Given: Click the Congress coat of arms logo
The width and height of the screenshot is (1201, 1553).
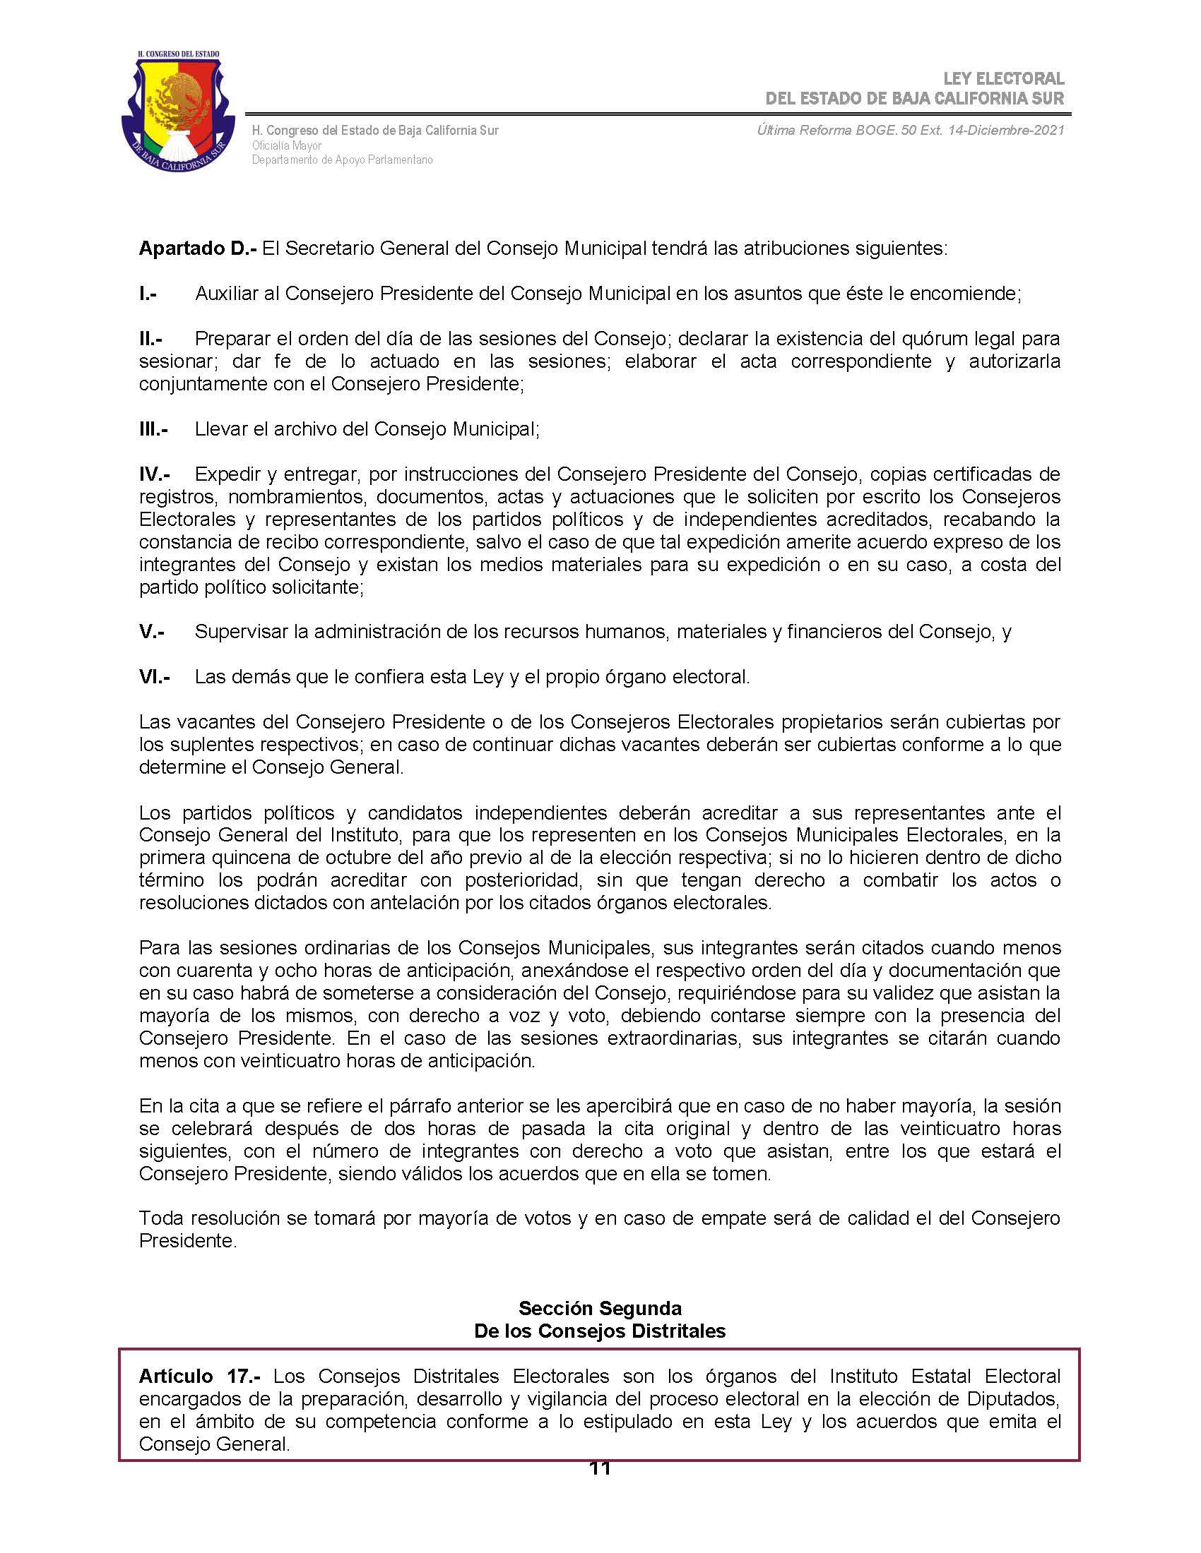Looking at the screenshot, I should [x=178, y=112].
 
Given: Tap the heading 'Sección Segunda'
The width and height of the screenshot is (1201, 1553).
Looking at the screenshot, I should [x=600, y=1308].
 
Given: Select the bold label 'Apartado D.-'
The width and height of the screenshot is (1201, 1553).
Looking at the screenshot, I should [x=197, y=248].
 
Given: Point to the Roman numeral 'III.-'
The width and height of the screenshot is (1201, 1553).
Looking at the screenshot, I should [x=153, y=428].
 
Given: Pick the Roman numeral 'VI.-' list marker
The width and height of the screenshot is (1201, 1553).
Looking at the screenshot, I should [x=155, y=676].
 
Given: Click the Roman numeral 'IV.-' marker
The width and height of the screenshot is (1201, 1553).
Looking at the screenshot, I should [x=155, y=474].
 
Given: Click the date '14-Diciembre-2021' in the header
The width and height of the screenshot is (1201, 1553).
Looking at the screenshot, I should [x=1006, y=130].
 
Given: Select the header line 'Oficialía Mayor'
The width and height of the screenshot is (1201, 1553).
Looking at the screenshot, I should [x=287, y=145].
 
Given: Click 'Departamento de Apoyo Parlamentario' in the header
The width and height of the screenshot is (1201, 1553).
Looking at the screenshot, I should [x=341, y=160].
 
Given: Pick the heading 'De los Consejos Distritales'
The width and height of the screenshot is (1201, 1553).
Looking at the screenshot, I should [x=600, y=1331].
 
